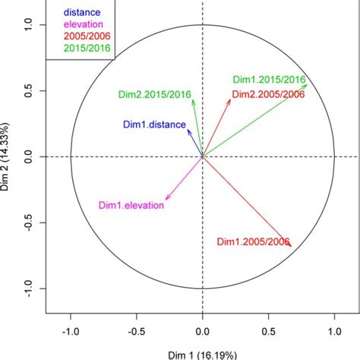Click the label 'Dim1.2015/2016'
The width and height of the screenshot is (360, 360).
click(x=269, y=80)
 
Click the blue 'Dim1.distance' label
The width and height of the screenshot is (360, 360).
click(x=154, y=125)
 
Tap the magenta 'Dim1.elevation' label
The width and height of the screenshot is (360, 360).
click(x=131, y=205)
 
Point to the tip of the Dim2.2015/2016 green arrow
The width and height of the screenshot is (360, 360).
click(x=193, y=99)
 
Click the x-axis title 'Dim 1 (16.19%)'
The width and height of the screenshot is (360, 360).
click(x=202, y=354)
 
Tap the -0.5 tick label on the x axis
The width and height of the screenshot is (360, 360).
click(x=137, y=332)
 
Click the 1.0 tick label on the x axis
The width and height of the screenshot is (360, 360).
click(x=333, y=332)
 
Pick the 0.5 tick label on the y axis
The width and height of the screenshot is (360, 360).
click(x=29, y=91)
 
